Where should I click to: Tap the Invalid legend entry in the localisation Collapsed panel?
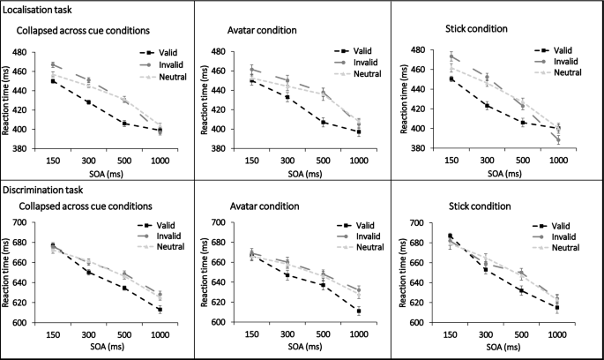point(166,64)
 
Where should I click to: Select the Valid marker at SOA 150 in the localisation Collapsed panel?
point(53,81)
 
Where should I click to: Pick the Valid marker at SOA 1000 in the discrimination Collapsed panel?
point(158,310)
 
